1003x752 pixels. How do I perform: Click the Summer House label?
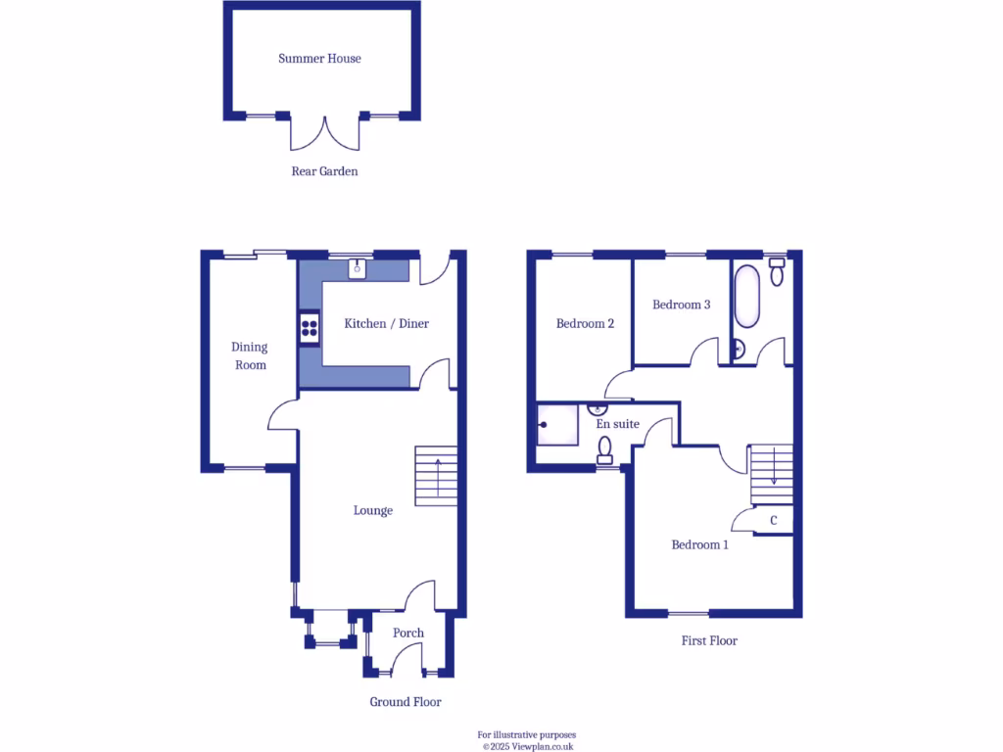(x=319, y=59)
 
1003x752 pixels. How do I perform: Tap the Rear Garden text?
(x=324, y=171)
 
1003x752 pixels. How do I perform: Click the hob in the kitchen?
(x=310, y=327)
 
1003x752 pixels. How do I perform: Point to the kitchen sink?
(x=358, y=265)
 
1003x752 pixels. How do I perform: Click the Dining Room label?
(x=250, y=355)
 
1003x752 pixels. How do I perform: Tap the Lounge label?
(x=373, y=510)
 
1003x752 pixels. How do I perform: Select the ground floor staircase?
(x=436, y=476)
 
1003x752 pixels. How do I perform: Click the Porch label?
(x=408, y=633)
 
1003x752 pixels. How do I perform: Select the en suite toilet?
(x=605, y=449)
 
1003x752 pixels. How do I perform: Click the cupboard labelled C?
(x=774, y=520)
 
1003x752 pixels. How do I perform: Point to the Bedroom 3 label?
(x=681, y=305)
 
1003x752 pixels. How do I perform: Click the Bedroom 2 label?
(x=585, y=323)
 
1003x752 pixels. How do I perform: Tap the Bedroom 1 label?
(x=699, y=544)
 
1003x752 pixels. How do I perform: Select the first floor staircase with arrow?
(x=771, y=474)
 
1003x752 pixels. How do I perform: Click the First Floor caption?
(x=709, y=640)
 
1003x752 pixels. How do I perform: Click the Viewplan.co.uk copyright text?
(x=527, y=746)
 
